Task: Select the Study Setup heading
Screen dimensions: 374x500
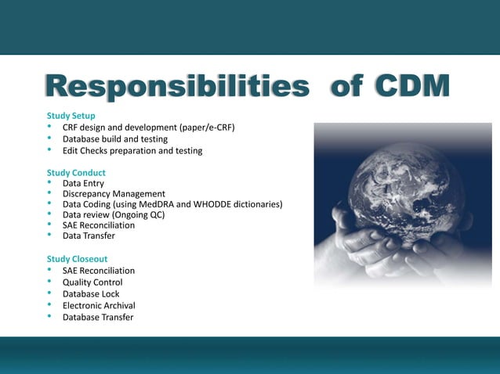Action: tap(71, 116)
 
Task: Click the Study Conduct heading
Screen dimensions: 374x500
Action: tap(76, 172)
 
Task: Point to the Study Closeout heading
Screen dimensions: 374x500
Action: tap(78, 259)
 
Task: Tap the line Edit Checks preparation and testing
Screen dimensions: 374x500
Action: tap(132, 151)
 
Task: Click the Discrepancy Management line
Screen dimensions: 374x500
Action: tap(114, 194)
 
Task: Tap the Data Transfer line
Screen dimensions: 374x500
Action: tap(89, 236)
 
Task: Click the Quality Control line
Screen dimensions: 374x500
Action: tap(92, 282)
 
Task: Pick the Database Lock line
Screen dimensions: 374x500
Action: tap(91, 294)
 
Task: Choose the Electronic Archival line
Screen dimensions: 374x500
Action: tap(99, 306)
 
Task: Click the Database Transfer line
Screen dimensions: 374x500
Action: tap(98, 318)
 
